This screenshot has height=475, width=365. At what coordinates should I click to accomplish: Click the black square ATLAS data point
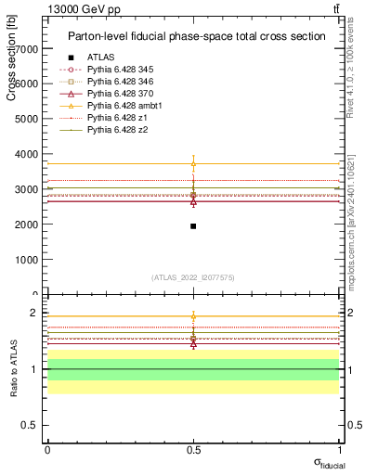193,226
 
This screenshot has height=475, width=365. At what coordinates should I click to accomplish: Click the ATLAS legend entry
100,58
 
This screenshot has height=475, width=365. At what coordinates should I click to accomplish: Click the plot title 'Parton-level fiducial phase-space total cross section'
196,36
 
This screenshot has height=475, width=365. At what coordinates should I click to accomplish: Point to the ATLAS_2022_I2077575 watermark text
193,276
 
